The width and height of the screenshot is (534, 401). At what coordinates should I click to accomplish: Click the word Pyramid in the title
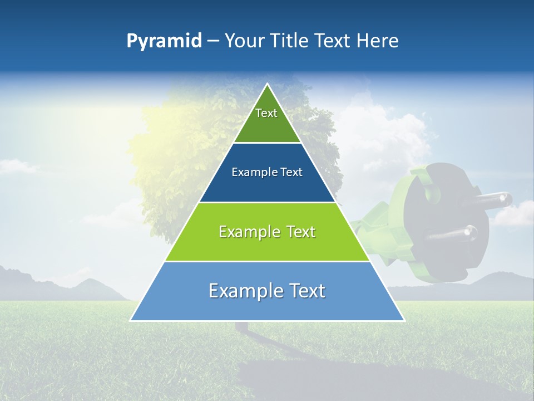pos(164,41)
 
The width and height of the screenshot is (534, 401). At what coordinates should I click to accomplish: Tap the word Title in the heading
pos(290,41)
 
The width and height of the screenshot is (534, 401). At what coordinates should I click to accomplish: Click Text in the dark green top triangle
pos(266,113)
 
